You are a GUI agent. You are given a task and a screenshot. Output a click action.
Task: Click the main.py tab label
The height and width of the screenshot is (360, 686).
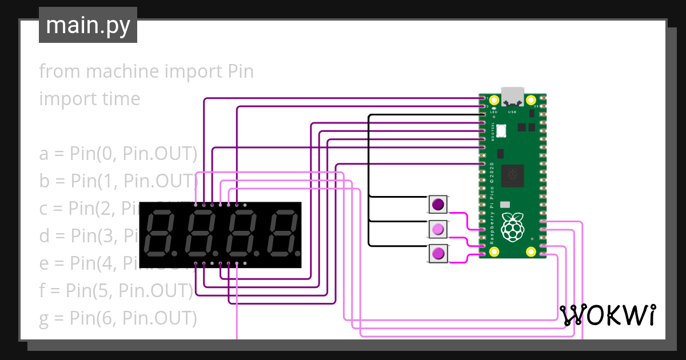click(87, 25)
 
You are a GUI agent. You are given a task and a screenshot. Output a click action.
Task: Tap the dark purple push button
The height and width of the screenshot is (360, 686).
click(438, 204)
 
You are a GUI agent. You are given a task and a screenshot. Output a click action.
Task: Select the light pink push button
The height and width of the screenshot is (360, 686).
click(438, 229)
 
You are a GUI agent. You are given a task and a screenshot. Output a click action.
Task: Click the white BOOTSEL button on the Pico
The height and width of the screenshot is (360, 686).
click(501, 130)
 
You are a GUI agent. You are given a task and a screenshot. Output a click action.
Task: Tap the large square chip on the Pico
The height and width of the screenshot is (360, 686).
click(512, 177)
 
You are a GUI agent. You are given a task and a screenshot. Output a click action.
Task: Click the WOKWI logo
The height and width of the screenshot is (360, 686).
click(607, 315)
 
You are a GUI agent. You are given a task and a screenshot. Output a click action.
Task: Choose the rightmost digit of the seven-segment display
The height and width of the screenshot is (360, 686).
click(284, 234)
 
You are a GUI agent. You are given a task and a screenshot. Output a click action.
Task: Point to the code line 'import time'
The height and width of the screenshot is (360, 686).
click(90, 98)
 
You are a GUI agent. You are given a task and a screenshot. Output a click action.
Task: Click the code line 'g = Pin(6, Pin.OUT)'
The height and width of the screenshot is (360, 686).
click(118, 317)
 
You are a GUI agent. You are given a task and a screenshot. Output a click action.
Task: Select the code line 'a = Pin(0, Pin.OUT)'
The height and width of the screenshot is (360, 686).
click(118, 154)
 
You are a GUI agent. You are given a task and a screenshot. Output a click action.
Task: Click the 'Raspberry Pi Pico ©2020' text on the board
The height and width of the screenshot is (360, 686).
click(492, 203)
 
